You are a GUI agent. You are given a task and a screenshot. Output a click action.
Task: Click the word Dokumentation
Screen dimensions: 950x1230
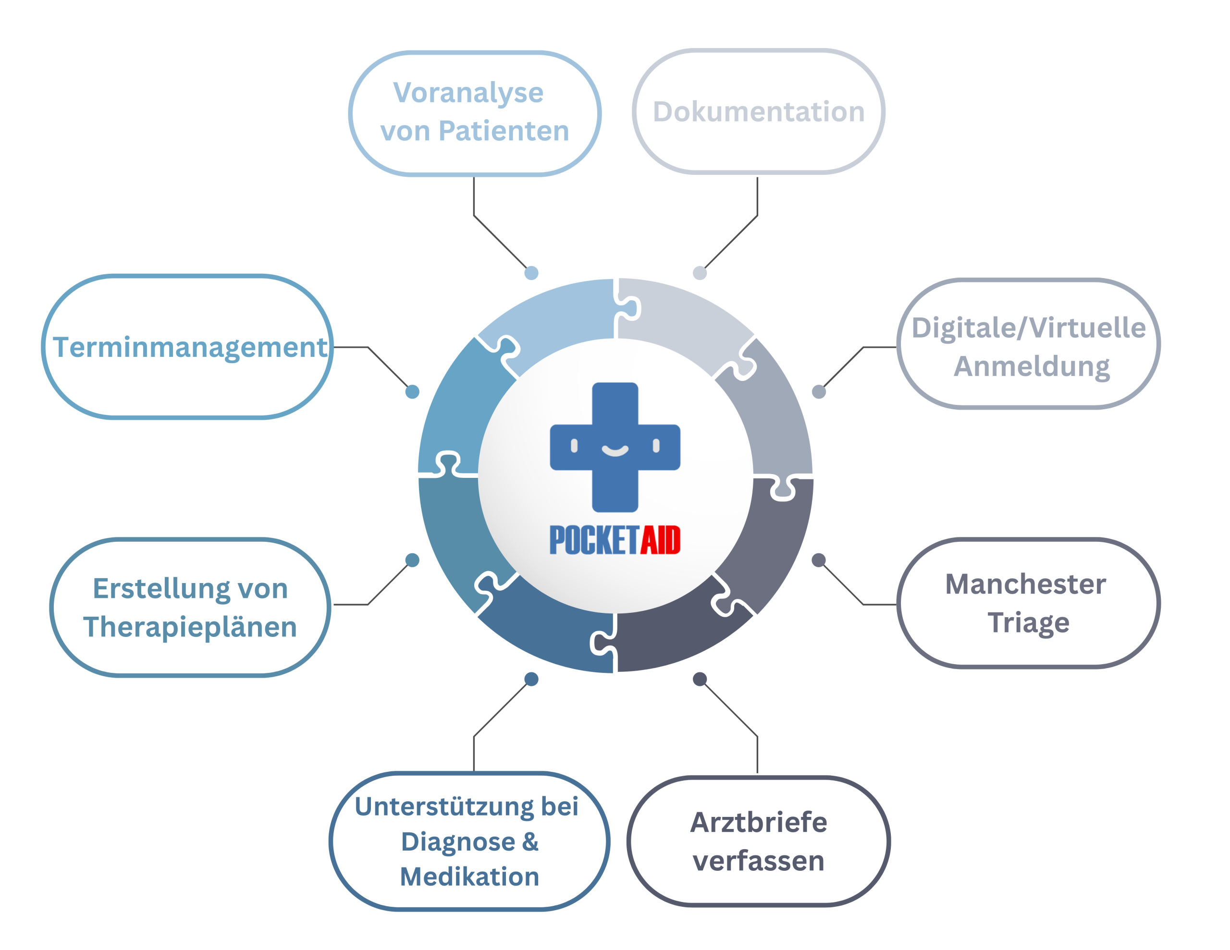(x=758, y=111)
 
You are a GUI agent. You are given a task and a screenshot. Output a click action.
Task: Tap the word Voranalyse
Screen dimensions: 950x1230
(x=468, y=93)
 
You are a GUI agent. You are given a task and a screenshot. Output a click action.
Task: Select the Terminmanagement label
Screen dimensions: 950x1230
(x=190, y=347)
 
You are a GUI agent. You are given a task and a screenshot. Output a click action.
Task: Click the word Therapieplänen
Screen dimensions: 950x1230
(x=190, y=627)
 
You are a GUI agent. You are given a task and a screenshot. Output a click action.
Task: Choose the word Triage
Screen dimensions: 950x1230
(x=1028, y=622)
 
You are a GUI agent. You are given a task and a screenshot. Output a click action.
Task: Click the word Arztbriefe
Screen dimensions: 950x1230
(x=758, y=822)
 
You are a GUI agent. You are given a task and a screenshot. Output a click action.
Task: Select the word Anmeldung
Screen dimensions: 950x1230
(x=1031, y=366)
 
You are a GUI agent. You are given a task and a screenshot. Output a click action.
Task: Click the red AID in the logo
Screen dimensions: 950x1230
(x=660, y=540)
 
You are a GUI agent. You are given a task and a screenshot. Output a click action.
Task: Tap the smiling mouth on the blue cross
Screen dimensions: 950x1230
(x=615, y=450)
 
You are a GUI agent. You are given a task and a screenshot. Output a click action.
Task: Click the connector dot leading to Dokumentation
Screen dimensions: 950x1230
(x=700, y=273)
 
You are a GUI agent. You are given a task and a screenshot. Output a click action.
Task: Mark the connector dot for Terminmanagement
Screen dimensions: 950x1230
(x=412, y=391)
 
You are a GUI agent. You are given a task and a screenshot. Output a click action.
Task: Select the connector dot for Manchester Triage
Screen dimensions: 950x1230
(x=819, y=560)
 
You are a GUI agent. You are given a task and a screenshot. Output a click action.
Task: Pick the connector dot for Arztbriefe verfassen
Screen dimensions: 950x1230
(x=700, y=680)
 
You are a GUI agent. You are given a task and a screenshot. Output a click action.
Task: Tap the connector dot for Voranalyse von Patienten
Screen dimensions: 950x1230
(x=531, y=273)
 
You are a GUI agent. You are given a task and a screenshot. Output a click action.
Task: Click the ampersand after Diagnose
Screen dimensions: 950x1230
(x=530, y=841)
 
